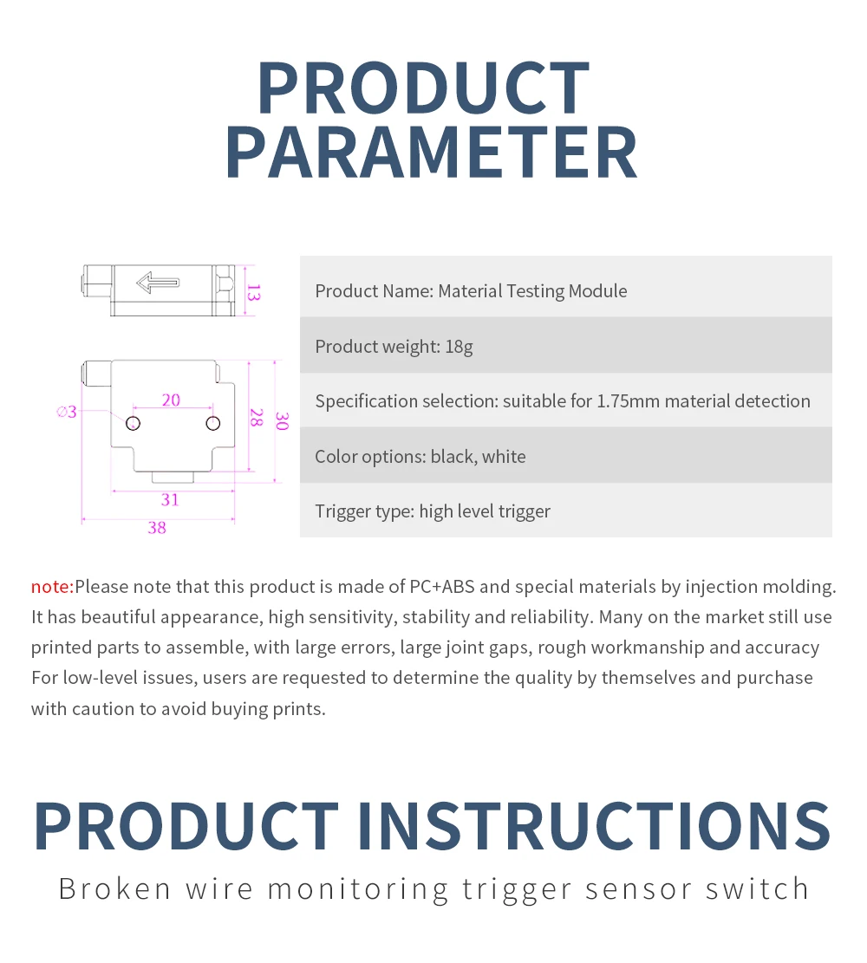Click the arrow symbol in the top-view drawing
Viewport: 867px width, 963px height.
click(x=158, y=283)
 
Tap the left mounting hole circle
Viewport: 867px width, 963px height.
click(x=134, y=423)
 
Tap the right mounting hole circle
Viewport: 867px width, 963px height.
click(x=213, y=423)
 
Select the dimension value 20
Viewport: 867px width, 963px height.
click(x=171, y=400)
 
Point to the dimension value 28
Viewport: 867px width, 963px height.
click(x=257, y=418)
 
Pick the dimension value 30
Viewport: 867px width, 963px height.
click(x=282, y=421)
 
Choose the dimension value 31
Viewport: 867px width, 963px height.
click(x=170, y=500)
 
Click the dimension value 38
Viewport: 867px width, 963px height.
click(x=157, y=528)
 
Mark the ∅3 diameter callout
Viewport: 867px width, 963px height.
click(x=67, y=412)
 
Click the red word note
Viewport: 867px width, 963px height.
click(x=52, y=587)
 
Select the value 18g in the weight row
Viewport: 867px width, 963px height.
click(x=459, y=347)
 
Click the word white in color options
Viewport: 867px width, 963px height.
click(x=504, y=456)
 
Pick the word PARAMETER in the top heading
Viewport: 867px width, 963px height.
click(x=432, y=153)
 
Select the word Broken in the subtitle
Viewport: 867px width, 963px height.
click(x=115, y=889)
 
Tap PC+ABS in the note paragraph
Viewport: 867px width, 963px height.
click(x=442, y=587)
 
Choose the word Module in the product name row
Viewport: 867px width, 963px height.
click(x=598, y=290)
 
